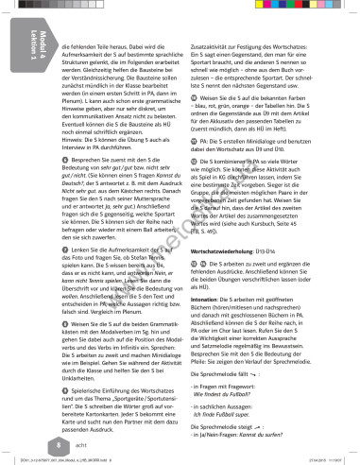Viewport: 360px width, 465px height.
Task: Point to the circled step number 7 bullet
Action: pyautogui.click(x=64, y=247)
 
